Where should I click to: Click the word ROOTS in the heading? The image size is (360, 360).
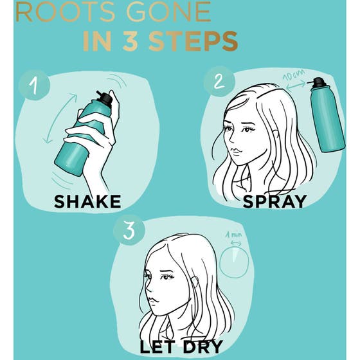tap(65, 12)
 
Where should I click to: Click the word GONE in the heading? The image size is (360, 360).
tap(168, 12)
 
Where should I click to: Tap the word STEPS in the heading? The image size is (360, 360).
tap(194, 41)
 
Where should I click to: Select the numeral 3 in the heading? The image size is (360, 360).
tap(130, 41)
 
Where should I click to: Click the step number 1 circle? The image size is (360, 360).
tap(34, 85)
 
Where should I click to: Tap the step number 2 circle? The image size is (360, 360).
tap(219, 82)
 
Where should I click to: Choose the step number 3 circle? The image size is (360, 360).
tap(129, 230)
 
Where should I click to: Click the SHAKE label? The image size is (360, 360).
tap(87, 202)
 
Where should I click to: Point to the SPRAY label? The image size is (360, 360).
tap(275, 202)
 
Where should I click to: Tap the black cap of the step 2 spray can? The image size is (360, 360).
tap(318, 83)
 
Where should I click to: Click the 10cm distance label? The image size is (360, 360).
tap(294, 75)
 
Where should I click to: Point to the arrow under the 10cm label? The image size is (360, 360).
tap(296, 86)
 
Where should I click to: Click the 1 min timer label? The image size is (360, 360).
tap(233, 235)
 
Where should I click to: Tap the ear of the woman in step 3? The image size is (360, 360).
tap(195, 282)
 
